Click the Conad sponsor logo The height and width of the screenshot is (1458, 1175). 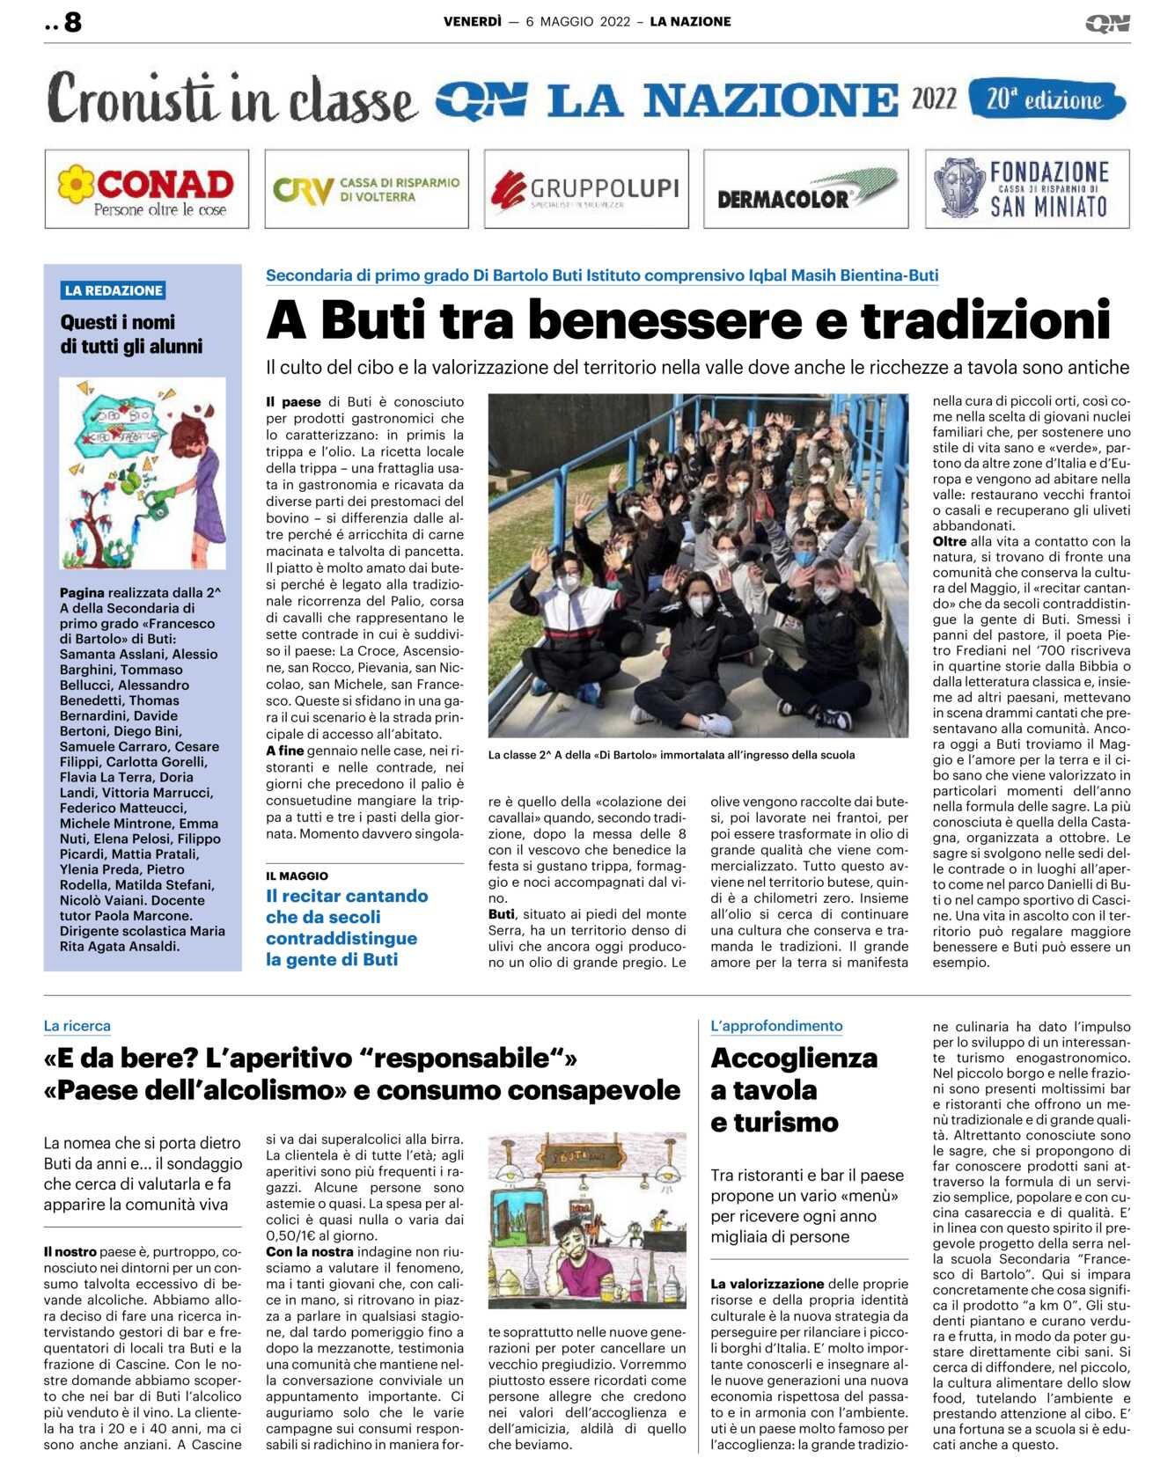click(146, 189)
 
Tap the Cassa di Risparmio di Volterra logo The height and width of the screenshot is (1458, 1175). click(366, 189)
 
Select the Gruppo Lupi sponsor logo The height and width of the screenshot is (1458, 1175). click(586, 189)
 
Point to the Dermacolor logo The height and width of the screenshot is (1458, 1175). click(805, 189)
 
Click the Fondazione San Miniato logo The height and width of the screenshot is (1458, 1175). click(1027, 189)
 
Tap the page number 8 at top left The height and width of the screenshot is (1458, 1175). click(72, 22)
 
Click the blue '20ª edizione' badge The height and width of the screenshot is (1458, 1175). click(1046, 99)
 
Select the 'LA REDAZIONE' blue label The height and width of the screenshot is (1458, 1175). click(114, 290)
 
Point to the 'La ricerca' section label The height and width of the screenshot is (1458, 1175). click(77, 1026)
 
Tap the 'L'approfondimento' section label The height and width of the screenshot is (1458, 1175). click(776, 1026)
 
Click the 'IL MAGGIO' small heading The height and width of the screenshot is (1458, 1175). click(297, 876)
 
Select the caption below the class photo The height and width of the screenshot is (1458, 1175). click(671, 755)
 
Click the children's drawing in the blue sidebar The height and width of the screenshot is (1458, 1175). click(143, 473)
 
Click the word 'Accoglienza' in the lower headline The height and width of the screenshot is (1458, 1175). click(794, 1058)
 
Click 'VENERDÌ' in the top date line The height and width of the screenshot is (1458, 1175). click(473, 22)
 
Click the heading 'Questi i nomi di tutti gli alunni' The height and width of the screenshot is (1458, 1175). click(131, 334)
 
